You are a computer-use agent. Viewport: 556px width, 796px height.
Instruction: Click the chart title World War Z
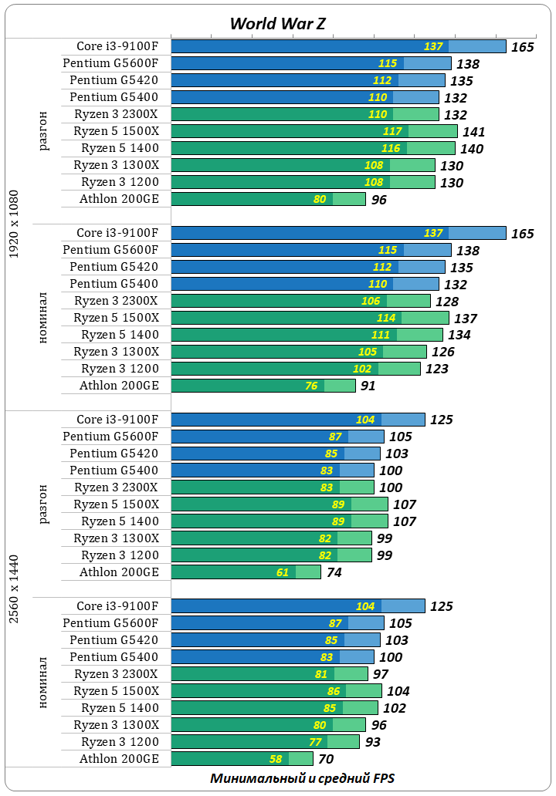click(x=277, y=23)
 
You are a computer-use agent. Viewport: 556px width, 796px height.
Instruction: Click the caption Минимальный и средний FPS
click(x=302, y=778)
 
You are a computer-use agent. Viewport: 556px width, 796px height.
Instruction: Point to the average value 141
click(x=473, y=132)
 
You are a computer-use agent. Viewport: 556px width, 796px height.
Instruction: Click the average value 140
click(x=471, y=149)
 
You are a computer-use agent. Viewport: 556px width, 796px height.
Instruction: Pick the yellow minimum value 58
click(x=275, y=759)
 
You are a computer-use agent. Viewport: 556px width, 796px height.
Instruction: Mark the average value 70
click(x=326, y=760)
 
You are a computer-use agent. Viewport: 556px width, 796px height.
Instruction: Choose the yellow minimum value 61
click(x=282, y=572)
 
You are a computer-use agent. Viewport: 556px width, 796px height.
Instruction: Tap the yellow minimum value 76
click(x=311, y=386)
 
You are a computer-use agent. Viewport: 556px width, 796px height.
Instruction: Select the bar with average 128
click(x=300, y=301)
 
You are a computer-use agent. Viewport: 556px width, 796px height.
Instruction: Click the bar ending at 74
click(x=246, y=572)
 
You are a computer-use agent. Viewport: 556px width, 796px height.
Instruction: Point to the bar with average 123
click(x=295, y=369)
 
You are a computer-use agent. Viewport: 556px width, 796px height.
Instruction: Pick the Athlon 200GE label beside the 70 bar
click(x=119, y=759)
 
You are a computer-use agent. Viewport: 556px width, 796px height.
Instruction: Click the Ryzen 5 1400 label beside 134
click(x=120, y=335)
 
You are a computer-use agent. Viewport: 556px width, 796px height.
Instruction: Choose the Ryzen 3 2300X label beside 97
click(x=116, y=674)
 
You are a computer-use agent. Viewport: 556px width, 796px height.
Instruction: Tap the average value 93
click(x=372, y=743)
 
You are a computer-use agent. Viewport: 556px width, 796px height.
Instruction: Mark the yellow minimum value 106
click(x=371, y=301)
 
